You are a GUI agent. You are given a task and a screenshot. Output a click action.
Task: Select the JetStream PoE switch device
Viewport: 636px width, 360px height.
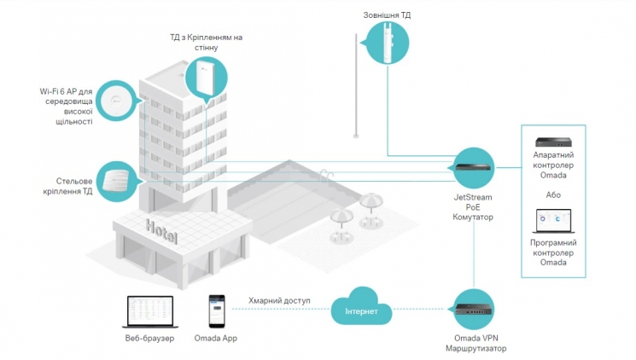472,167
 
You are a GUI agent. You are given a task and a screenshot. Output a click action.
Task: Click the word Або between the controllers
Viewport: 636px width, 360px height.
552,195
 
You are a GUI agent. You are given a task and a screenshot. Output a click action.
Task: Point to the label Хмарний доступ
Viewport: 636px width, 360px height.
278,301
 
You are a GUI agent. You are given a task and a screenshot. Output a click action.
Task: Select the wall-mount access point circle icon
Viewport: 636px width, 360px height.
206,78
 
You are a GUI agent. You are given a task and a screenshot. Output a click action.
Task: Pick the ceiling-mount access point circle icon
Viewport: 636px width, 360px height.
114,181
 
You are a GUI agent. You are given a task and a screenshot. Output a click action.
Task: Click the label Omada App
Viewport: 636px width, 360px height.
216,340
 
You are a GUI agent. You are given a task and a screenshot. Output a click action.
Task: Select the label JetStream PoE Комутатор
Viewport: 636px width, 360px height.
472,206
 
